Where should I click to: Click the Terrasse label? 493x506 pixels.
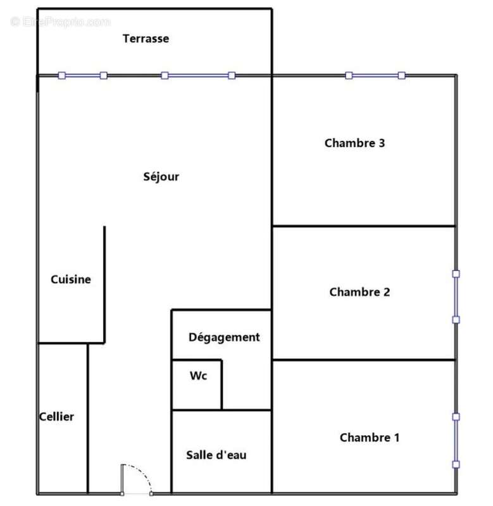[x=146, y=39]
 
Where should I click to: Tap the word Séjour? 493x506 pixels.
[x=161, y=176]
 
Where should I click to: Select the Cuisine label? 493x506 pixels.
[x=71, y=279]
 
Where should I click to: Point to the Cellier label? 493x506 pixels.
[x=56, y=417]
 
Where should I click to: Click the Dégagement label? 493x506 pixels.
[x=224, y=338]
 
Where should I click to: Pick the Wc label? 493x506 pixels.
[x=198, y=376]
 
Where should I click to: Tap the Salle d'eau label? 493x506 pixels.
[x=216, y=455]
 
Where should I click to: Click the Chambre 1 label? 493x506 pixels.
[x=370, y=438]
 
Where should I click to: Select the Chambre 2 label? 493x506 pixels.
[x=359, y=292]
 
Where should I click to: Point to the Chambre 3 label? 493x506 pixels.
[x=355, y=143]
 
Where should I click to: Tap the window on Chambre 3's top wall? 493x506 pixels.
[x=375, y=75]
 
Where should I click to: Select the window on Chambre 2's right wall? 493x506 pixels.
[x=456, y=297]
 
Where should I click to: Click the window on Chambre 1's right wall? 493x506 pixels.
[x=456, y=441]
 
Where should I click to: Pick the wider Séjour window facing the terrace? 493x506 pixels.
[x=198, y=75]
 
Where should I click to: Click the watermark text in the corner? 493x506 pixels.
[x=60, y=22]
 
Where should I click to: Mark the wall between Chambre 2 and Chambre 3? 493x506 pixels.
[x=364, y=226]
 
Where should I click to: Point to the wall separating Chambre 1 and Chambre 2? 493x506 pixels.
[x=364, y=359]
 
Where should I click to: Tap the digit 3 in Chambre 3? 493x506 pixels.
[x=382, y=143]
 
